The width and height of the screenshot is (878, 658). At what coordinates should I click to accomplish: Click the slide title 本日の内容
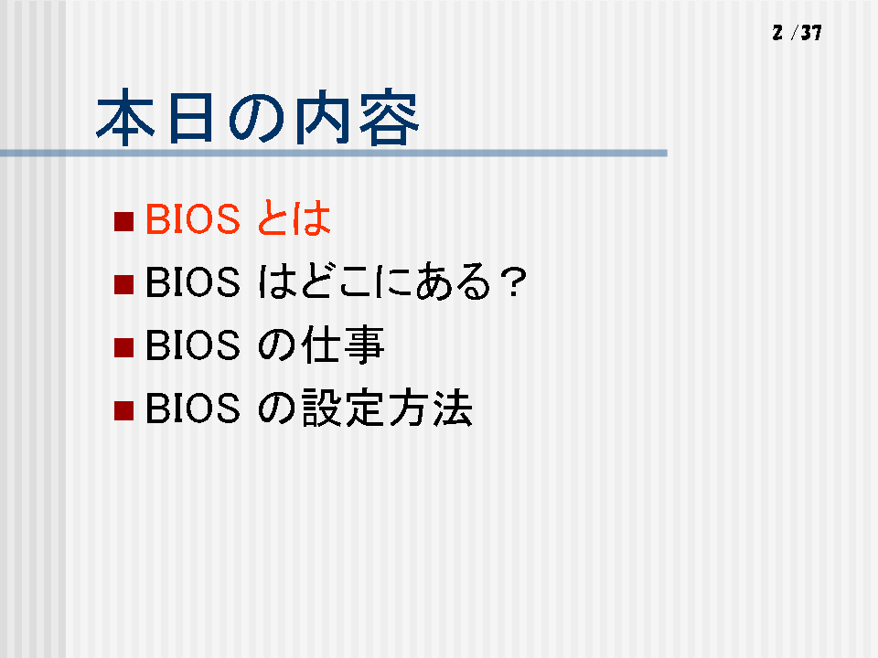[x=258, y=117]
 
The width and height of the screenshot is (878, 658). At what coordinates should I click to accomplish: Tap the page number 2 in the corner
[x=777, y=33]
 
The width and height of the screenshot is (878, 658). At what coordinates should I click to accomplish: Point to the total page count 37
[x=811, y=33]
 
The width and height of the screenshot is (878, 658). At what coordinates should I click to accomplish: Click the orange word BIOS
[x=193, y=218]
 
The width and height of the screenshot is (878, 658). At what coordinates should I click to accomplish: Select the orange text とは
[x=294, y=218]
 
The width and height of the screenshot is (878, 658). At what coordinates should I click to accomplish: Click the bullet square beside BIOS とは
[x=123, y=221]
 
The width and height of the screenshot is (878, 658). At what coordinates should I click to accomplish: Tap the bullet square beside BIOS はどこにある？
[x=123, y=284]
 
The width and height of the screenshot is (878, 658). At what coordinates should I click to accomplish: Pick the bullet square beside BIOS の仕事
[x=123, y=347]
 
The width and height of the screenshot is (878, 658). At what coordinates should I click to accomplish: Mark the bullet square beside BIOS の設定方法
[x=123, y=410]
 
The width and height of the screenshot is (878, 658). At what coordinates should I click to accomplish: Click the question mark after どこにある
[x=513, y=282]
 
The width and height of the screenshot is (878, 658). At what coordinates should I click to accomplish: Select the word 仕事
[x=343, y=345]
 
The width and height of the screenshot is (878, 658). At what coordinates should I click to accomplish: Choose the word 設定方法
[x=387, y=409]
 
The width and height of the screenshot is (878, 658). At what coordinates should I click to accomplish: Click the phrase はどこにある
[x=375, y=281]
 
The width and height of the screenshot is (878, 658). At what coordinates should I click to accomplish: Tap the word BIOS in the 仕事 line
[x=193, y=345]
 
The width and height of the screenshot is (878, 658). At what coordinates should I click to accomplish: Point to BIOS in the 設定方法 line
[x=193, y=409]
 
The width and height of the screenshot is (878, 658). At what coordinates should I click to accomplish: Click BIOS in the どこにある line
[x=193, y=282]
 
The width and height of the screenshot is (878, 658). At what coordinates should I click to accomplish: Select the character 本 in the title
[x=125, y=117]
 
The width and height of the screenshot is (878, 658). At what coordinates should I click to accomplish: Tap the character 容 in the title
[x=390, y=117]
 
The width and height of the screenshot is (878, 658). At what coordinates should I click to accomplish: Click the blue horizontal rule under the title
[x=334, y=153]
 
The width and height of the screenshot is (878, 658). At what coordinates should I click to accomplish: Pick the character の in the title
[x=257, y=119]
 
